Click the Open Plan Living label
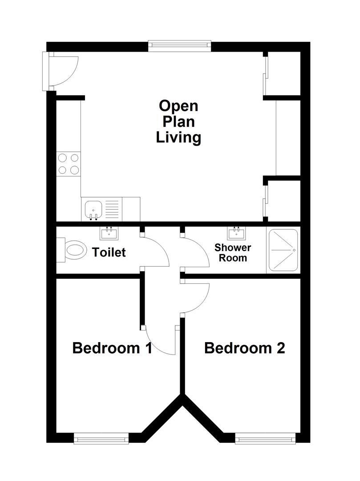(x=178, y=122)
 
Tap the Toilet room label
(x=109, y=253)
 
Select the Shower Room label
(x=233, y=253)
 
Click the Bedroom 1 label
(x=112, y=348)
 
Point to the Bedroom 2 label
(x=244, y=348)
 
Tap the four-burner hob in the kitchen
(x=69, y=163)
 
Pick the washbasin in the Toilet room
(x=108, y=232)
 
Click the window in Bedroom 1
(x=101, y=439)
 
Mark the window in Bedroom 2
(x=265, y=439)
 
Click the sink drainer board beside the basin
(x=112, y=209)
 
